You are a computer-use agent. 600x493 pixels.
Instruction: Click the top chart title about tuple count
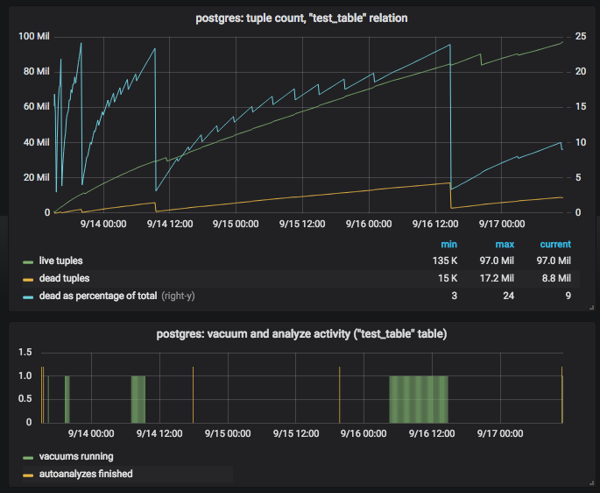pyautogui.click(x=300, y=18)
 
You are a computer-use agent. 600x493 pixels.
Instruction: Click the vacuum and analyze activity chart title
pyautogui.click(x=300, y=334)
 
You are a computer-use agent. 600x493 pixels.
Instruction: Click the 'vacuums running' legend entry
pyautogui.click(x=75, y=456)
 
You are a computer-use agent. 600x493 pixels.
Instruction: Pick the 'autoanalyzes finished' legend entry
pyautogui.click(x=85, y=474)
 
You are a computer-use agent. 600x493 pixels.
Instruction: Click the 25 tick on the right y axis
pyautogui.click(x=580, y=36)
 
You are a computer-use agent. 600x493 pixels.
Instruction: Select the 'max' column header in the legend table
pyautogui.click(x=505, y=244)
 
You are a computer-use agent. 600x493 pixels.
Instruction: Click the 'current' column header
pyautogui.click(x=555, y=244)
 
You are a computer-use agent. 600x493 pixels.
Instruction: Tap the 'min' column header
pyautogui.click(x=449, y=244)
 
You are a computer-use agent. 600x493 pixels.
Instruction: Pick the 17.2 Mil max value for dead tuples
pyautogui.click(x=498, y=279)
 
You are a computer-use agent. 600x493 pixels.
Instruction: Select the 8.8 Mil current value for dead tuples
pyautogui.click(x=554, y=279)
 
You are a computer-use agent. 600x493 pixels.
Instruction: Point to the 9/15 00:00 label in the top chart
pyautogui.click(x=234, y=224)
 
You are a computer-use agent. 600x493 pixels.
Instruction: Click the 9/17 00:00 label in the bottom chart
pyautogui.click(x=500, y=432)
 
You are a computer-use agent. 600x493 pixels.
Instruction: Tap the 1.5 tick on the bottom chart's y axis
pyautogui.click(x=25, y=353)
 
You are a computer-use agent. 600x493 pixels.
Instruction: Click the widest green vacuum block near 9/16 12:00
pyautogui.click(x=418, y=399)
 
